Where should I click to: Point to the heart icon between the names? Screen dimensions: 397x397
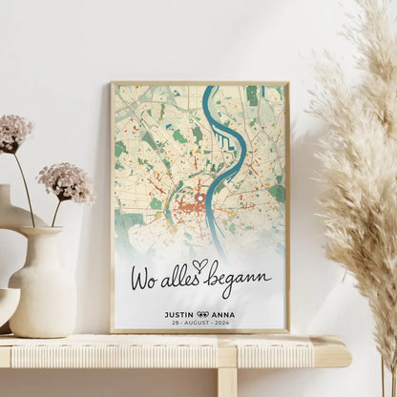pyautogui.click(x=201, y=314)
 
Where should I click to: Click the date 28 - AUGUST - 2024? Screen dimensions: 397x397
pyautogui.click(x=199, y=324)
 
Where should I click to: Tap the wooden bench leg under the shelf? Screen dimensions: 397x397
pyautogui.click(x=226, y=382)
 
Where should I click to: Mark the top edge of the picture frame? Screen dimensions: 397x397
pyautogui.click(x=199, y=83)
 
